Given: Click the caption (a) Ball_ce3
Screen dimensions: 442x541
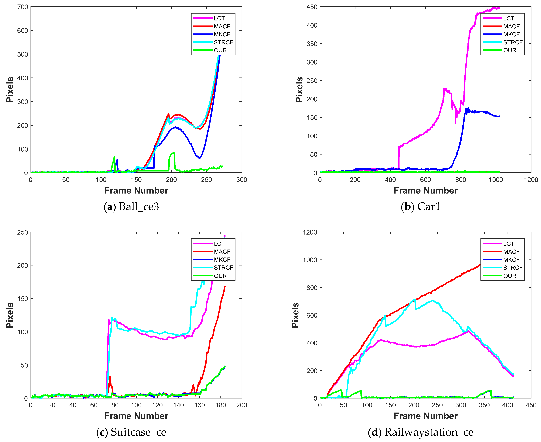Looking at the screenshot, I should pyautogui.click(x=131, y=207).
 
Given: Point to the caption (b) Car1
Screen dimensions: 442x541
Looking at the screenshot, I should pyautogui.click(x=420, y=207).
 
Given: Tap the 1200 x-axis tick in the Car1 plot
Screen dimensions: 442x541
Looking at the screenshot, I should pyautogui.click(x=531, y=180).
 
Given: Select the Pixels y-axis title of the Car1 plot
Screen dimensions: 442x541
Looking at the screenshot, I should pyautogui.click(x=299, y=90).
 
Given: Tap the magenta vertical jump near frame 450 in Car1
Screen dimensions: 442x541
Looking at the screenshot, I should pyautogui.click(x=399, y=158).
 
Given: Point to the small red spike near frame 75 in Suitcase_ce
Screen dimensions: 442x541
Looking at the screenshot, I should pyautogui.click(x=110, y=377).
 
